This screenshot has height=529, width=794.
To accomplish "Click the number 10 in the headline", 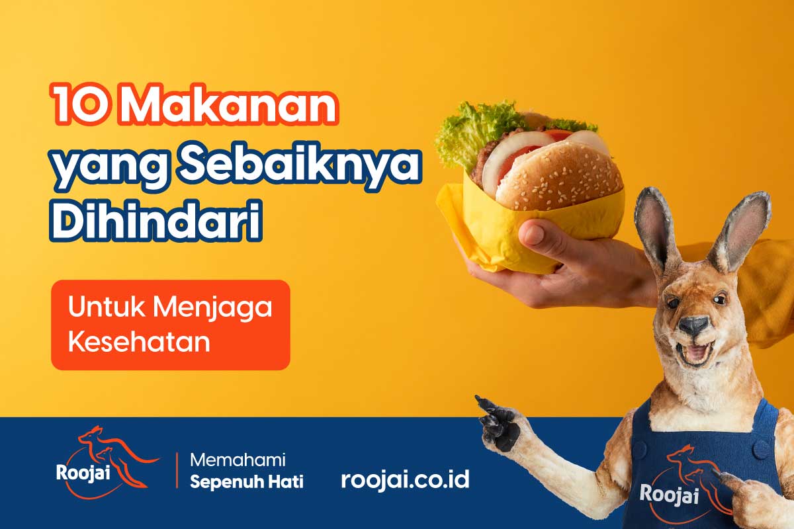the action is (80, 103).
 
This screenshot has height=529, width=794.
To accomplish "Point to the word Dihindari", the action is (155, 220).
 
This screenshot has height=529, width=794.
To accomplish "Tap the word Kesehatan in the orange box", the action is (139, 342).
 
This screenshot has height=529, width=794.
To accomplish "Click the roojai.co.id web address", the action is (405, 479).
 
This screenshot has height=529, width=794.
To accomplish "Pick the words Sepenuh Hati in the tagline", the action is (247, 482).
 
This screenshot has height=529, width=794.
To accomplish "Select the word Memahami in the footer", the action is (238, 460).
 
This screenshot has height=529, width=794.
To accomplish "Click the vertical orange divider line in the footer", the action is (177, 471).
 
